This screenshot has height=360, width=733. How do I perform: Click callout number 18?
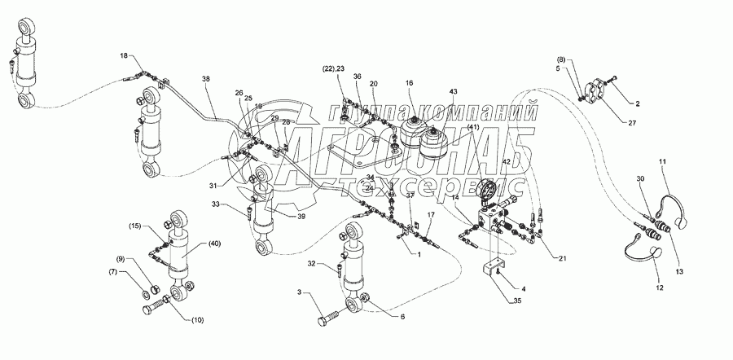click(x=124, y=55)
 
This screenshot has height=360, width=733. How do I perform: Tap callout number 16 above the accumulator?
click(x=409, y=83)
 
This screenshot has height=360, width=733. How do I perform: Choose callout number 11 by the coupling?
click(x=662, y=163)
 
